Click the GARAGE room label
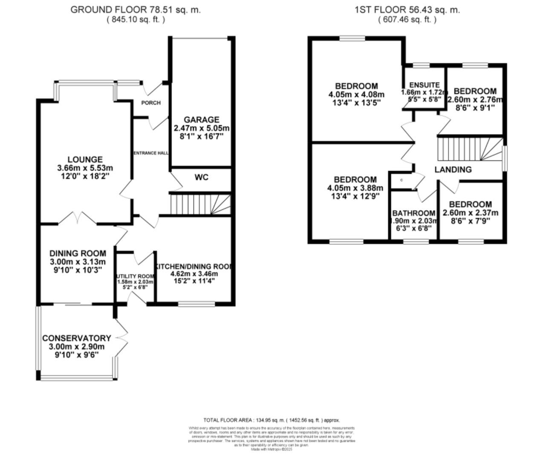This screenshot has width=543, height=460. pos(202,120)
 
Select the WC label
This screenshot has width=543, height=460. pos(202,177)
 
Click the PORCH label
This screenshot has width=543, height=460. pos(151,103)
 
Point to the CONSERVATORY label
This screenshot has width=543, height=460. pos(77,338)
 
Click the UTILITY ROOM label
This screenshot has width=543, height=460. pos(135,276)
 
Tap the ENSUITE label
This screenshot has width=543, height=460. pos(424,85)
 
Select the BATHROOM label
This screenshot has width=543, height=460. pos(414,213)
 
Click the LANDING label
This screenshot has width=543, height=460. pos(453,170)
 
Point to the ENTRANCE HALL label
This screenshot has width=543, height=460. pos(151,153)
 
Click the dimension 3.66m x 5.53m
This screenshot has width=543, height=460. pos(85,168)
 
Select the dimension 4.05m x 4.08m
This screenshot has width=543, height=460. pos(356,95)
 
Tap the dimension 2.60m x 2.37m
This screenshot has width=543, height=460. pos(471,213)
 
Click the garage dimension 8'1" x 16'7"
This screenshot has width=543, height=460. pos(202,137)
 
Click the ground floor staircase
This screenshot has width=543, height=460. pos(200,204)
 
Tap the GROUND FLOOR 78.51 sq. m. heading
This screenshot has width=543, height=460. pos(135,10)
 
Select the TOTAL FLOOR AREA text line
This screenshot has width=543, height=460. pos(271,420)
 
